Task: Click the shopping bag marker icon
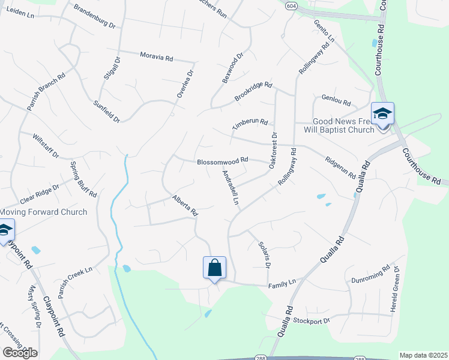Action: click(215, 268)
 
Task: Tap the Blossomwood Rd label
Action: click(222, 161)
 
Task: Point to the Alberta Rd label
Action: click(185, 205)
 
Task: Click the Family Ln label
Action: click(283, 281)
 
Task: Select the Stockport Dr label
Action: click(312, 320)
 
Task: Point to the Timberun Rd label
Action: click(250, 122)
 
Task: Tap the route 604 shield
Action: click(291, 5)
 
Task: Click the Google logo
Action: click(20, 353)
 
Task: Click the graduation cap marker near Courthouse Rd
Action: click(382, 113)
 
